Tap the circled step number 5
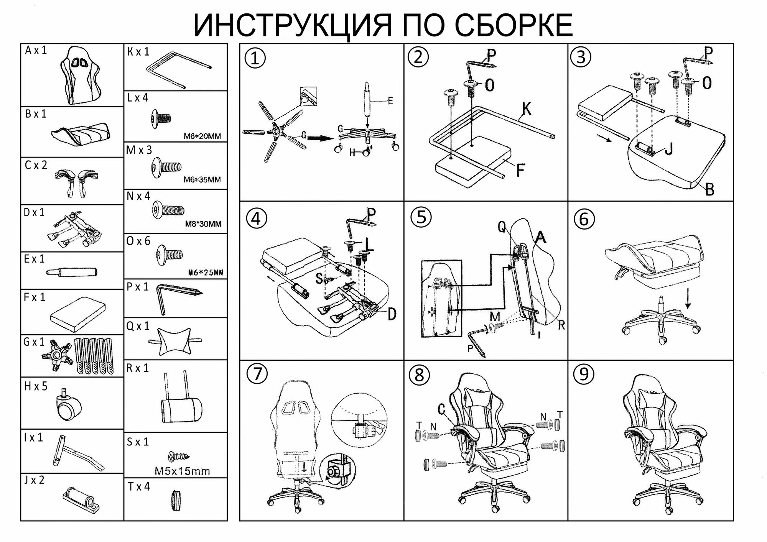421,217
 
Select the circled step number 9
583,374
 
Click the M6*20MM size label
202,136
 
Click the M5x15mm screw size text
182,471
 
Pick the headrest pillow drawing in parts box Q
174,341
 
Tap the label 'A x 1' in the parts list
36,51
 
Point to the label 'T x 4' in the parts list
138,487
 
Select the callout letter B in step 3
709,189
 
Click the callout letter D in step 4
392,314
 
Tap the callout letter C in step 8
441,409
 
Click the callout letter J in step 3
668,149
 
